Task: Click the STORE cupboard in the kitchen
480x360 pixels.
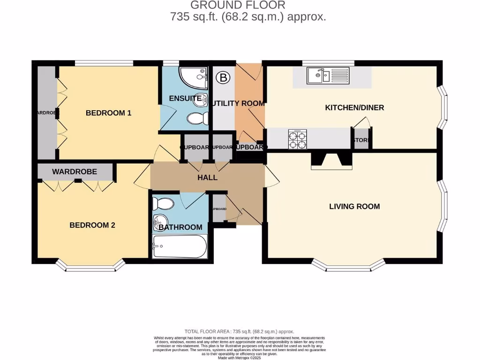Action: [x=361, y=140]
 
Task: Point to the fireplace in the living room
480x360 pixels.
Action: [x=332, y=160]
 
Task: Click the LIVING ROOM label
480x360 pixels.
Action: [x=354, y=206]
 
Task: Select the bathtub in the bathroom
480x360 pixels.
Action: [x=180, y=246]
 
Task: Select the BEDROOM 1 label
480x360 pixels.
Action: [x=108, y=113]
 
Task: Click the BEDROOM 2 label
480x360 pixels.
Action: [x=92, y=225]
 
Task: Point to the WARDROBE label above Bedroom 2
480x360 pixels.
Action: [x=75, y=172]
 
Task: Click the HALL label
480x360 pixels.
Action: [x=207, y=178]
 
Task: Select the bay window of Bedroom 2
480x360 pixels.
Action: [x=90, y=267]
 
